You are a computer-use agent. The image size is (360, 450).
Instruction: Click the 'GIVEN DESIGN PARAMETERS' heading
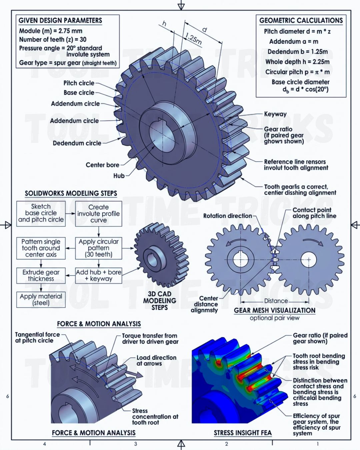pyautogui.click(x=60, y=20)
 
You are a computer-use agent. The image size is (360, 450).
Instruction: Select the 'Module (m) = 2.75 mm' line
pyautogui.click(x=51, y=31)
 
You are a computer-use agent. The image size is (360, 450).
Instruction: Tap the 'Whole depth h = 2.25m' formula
pyautogui.click(x=297, y=62)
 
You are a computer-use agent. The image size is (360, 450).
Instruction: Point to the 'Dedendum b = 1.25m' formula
pyautogui.click(x=298, y=52)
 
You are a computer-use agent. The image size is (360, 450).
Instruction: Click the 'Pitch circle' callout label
pyautogui.click(x=79, y=83)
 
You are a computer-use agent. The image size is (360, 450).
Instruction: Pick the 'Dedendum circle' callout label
pyautogui.click(x=77, y=143)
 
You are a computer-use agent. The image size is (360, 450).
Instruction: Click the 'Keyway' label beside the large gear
pyautogui.click(x=275, y=114)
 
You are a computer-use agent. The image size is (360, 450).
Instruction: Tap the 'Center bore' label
pyautogui.click(x=102, y=165)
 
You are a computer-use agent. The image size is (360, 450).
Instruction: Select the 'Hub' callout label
pyautogui.click(x=119, y=176)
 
